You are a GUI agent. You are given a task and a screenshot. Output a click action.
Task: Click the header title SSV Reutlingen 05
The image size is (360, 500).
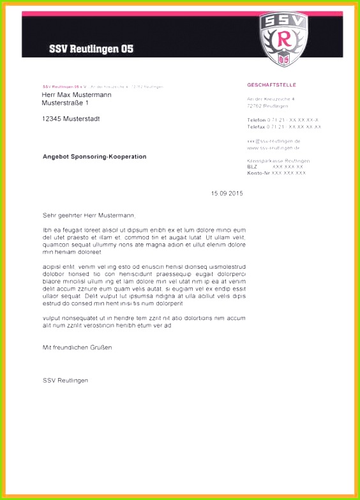coord(91,49)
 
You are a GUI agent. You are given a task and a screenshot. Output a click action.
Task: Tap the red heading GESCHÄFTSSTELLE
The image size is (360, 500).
coord(271,85)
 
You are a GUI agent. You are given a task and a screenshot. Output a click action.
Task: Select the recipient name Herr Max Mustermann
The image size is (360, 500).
coord(77,95)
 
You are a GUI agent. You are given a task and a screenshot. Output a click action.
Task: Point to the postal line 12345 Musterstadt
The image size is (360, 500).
coord(71,119)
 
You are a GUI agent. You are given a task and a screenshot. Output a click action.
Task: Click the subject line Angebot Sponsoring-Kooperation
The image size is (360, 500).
coord(94,156)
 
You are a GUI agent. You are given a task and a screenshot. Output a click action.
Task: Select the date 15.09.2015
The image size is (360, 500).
coord(227,193)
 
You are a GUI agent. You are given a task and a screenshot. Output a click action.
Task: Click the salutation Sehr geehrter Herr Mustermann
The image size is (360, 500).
coord(89,216)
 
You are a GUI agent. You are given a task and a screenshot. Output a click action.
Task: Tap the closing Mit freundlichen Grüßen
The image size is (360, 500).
coord(77,347)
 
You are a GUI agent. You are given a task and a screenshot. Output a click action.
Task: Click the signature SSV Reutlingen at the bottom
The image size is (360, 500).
coord(66,381)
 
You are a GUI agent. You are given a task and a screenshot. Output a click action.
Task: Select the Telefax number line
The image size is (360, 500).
coord(284,127)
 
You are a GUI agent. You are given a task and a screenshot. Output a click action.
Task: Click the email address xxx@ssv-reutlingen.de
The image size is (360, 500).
coord(274,140)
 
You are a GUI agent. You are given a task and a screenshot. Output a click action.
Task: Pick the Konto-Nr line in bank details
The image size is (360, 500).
coord(276,173)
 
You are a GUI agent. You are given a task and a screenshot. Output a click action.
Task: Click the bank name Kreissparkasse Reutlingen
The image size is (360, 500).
coord(278,160)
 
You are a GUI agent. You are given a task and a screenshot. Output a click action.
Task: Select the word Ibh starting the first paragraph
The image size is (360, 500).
coord(47,229)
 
